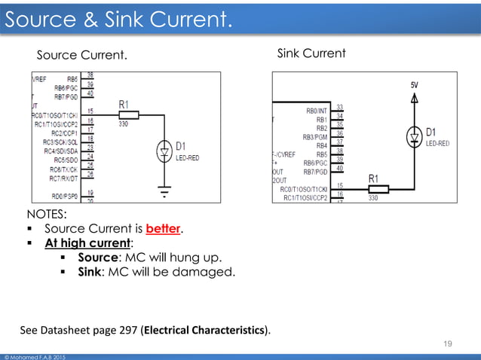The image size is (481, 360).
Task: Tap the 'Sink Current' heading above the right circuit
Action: (311, 53)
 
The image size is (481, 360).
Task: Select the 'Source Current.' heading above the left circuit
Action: (82, 55)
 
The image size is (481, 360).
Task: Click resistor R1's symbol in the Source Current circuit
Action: (128, 115)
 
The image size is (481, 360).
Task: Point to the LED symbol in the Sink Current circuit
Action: (413, 136)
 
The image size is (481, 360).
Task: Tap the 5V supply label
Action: (415, 85)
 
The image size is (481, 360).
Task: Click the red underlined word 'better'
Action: (164, 228)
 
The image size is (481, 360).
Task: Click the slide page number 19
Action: (448, 343)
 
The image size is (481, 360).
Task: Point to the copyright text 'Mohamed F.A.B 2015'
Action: (38, 355)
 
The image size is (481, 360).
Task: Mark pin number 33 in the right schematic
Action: (341, 107)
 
